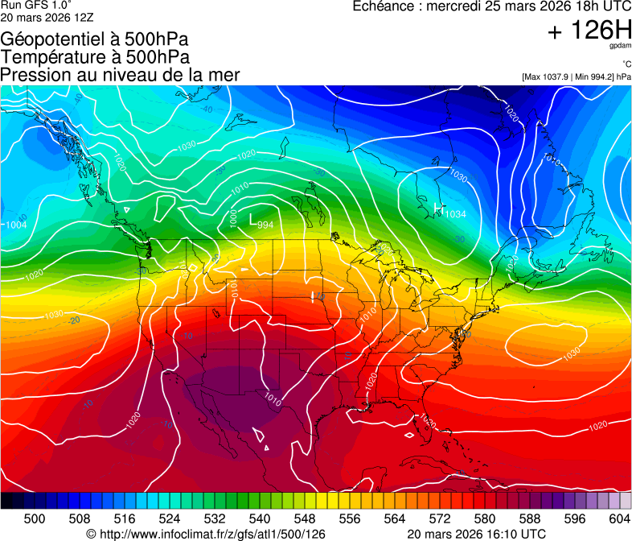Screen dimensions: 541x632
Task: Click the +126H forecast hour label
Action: tap(589, 31)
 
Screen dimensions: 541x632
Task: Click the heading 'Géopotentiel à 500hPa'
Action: tap(95, 39)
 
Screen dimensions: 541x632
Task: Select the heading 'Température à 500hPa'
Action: tap(95, 57)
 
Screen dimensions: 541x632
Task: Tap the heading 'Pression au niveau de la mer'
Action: tap(120, 75)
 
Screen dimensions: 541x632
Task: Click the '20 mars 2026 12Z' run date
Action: tap(47, 17)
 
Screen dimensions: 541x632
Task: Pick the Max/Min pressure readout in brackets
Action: tap(576, 76)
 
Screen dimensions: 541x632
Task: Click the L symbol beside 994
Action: tap(252, 219)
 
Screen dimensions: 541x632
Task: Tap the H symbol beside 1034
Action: tap(438, 209)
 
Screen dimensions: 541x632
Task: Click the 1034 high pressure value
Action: tap(455, 214)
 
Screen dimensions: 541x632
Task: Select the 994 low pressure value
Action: tap(265, 225)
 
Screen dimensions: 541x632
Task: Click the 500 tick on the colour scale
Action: tap(35, 518)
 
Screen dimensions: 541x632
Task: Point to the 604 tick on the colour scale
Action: tap(619, 518)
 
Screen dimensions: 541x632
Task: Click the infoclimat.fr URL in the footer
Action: tap(206, 534)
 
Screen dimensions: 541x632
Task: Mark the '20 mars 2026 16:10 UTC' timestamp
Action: tap(477, 534)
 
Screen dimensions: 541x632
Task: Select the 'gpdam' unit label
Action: tap(621, 46)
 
